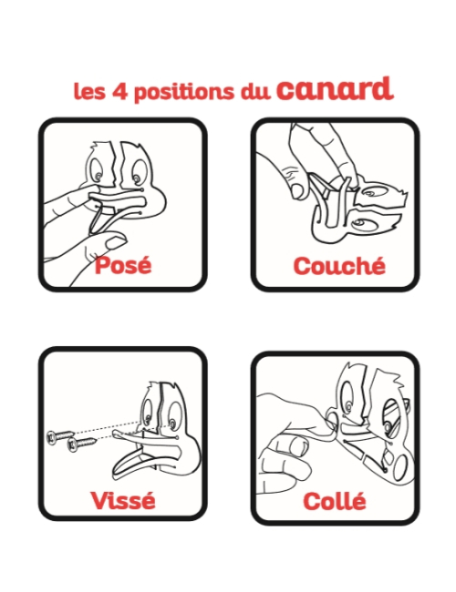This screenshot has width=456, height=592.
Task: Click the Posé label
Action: click(x=123, y=266)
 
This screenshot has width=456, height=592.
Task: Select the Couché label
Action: click(x=338, y=266)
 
